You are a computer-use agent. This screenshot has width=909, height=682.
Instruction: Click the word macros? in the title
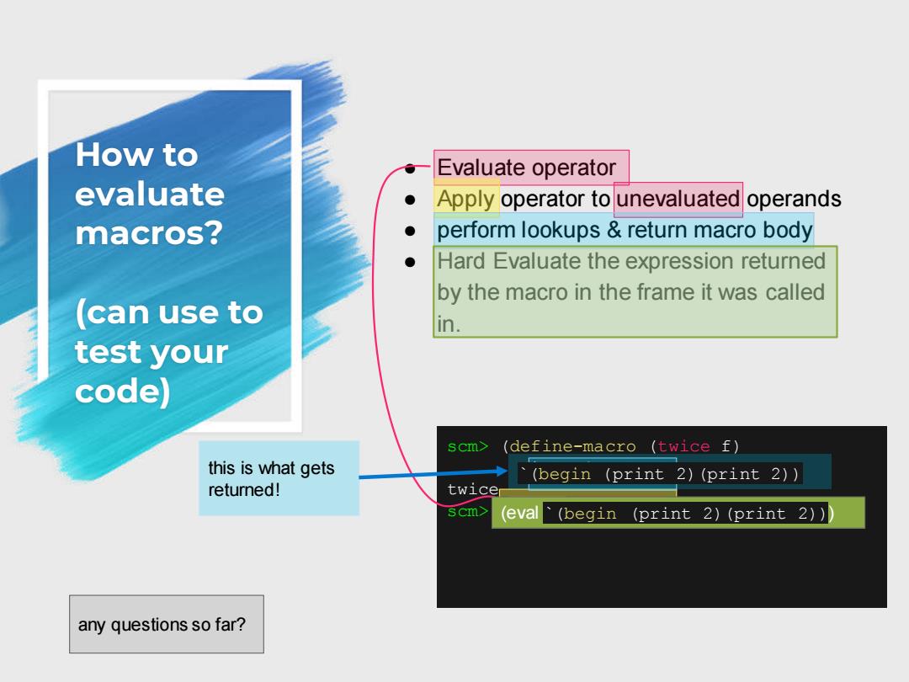149,233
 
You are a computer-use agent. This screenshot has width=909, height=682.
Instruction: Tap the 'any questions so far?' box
167,624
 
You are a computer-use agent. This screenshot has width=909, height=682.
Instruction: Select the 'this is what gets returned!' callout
279,478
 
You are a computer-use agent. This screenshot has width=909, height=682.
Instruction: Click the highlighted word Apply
465,199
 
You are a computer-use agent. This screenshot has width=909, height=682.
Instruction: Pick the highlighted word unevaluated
678,199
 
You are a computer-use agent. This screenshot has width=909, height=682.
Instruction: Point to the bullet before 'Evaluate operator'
411,168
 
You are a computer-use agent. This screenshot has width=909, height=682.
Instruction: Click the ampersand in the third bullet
614,230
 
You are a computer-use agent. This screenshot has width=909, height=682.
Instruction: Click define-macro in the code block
572,446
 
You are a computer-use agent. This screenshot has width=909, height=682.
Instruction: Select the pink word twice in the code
683,446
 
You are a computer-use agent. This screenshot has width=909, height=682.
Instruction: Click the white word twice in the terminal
472,489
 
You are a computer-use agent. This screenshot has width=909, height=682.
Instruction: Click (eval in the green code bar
519,513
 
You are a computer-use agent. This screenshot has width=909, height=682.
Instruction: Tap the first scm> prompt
467,446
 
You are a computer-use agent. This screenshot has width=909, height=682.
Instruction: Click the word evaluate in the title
150,194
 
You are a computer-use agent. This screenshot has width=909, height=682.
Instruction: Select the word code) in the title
122,391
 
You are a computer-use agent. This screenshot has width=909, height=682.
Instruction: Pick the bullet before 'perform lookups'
411,231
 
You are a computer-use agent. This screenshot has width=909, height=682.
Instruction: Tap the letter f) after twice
730,446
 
